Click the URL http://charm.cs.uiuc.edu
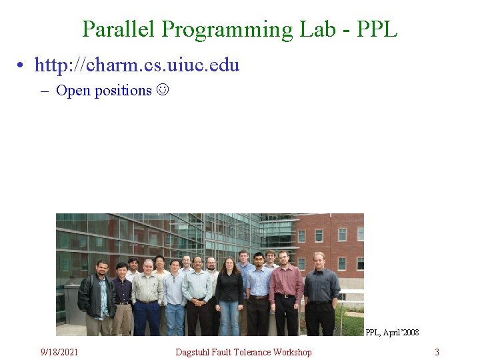[137, 65]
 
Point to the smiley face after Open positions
[163, 90]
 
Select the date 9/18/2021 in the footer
[59, 352]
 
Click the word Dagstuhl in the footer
[193, 352]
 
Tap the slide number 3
[437, 352]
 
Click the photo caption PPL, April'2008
[392, 332]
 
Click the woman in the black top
[229, 290]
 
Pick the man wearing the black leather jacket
[97, 297]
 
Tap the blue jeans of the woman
[229, 318]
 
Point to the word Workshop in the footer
[292, 352]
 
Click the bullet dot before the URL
[23, 65]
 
